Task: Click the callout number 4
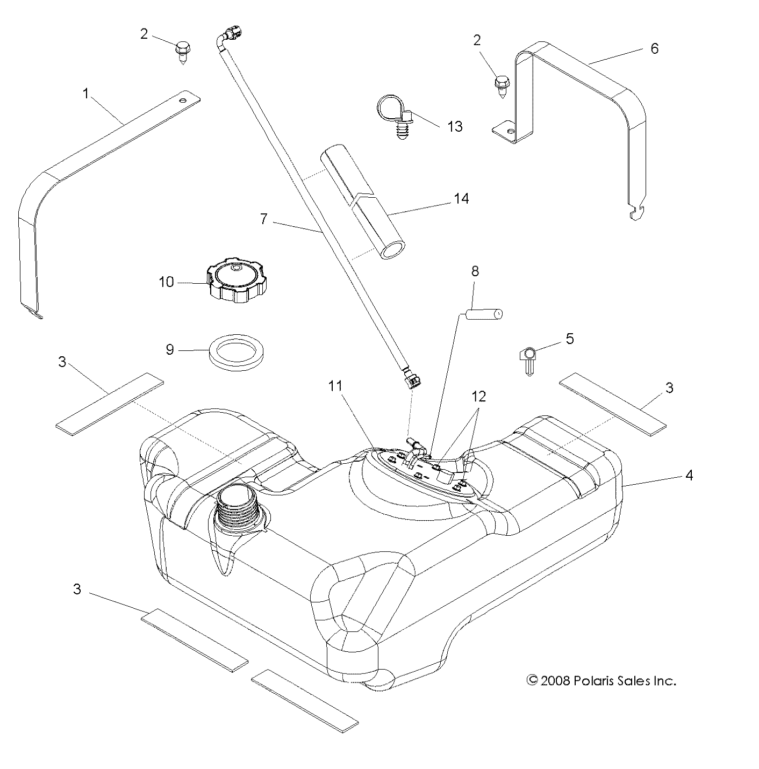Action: (689, 475)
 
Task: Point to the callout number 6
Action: (654, 48)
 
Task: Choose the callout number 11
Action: (336, 386)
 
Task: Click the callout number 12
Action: (478, 396)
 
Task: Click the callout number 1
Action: (85, 94)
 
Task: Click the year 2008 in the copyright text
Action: (556, 681)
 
